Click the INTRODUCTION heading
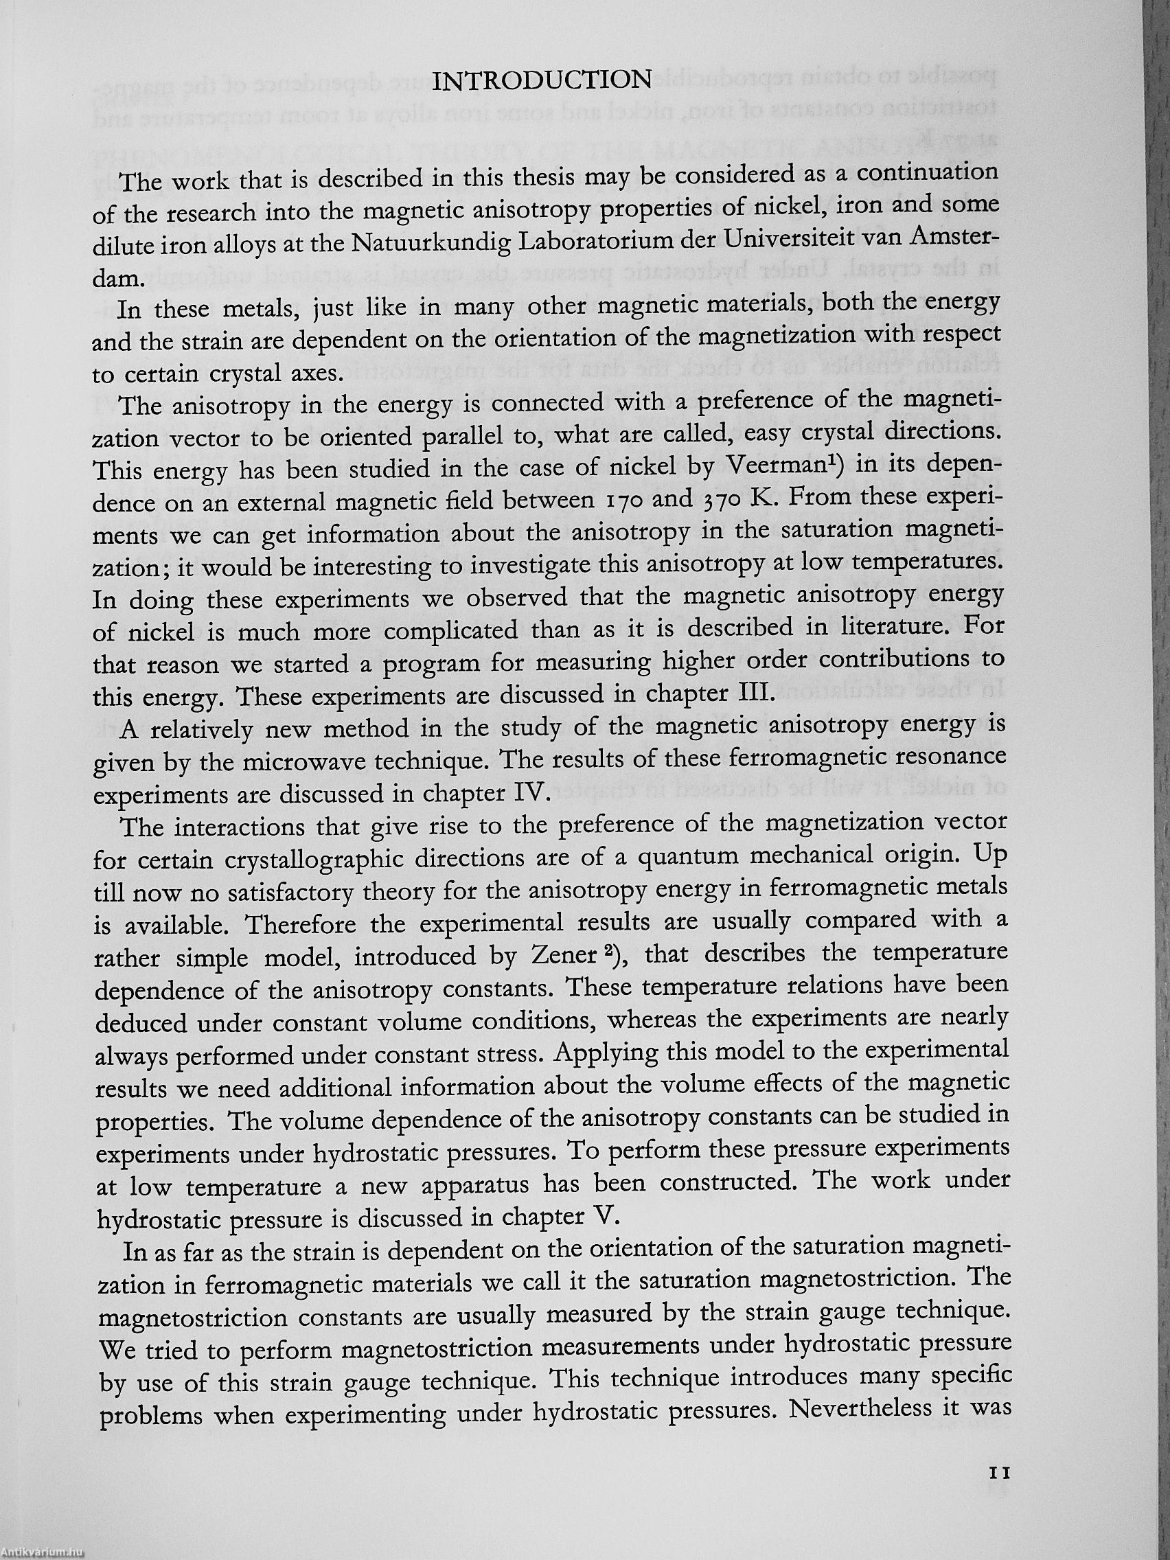pyautogui.click(x=541, y=80)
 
